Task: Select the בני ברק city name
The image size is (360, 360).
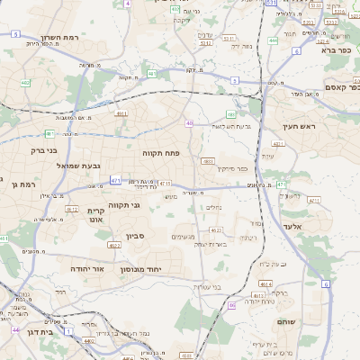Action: click(43, 150)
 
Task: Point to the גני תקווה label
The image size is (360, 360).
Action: click(124, 205)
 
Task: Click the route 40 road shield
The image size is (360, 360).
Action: click(189, 123)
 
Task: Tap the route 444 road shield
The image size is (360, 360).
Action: click(273, 40)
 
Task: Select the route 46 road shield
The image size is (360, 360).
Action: click(231, 306)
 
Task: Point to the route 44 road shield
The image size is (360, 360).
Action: click(15, 330)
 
